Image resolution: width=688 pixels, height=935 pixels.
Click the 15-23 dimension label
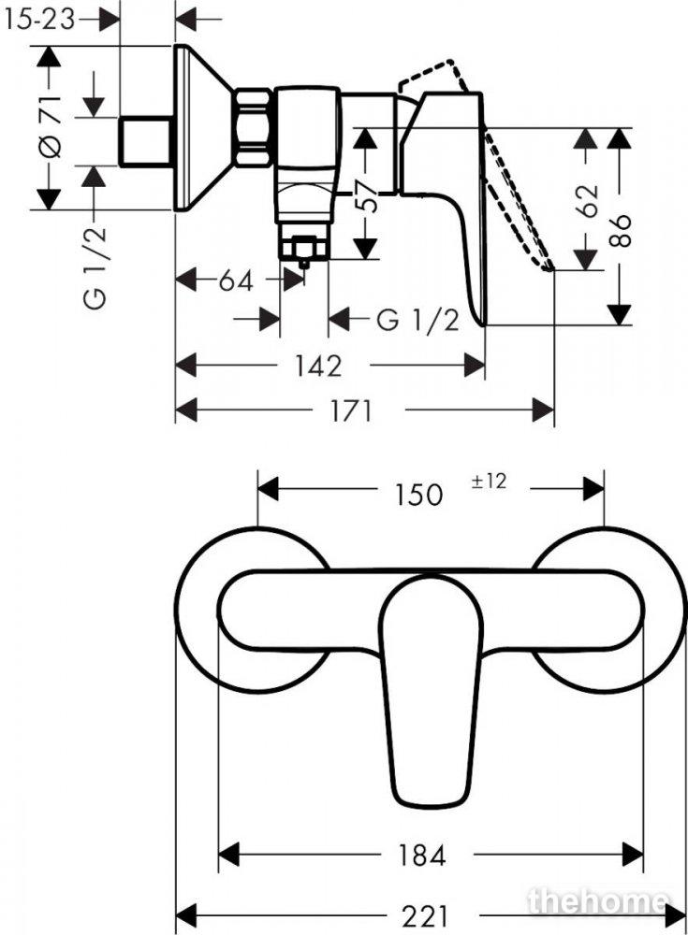tap(39, 21)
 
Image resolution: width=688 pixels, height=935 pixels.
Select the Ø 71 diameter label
tap(51, 126)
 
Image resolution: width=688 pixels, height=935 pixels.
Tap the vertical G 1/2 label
tap(95, 266)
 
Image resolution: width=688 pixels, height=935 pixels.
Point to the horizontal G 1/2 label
tap(418, 320)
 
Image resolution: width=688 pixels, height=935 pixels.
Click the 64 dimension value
tap(236, 280)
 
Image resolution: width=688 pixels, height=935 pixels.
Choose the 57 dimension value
tap(366, 194)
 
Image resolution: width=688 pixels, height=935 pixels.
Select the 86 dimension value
tap(621, 230)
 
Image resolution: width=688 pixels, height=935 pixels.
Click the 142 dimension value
tap(318, 367)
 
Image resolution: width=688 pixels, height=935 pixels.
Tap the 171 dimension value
tap(351, 410)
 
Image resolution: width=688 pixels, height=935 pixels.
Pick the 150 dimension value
tap(417, 495)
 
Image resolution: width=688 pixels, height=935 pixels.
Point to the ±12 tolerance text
tap(489, 482)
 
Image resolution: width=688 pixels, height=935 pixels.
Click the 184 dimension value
tap(421, 856)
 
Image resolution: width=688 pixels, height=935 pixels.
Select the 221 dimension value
tap(425, 916)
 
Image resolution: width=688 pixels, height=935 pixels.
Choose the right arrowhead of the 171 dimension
tap(543, 410)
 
